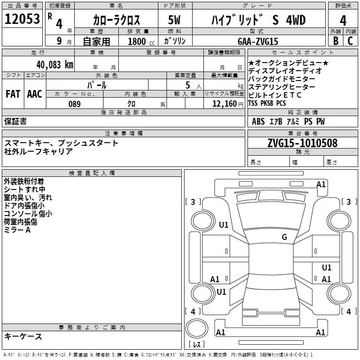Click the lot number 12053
point(22,19)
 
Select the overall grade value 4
point(343,21)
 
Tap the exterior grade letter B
point(336,41)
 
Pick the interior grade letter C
point(350,41)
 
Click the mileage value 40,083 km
point(55,65)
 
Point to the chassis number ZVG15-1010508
point(302,143)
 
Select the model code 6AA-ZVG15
point(258,41)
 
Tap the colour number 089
point(75,104)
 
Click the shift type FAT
point(13,94)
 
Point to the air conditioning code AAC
point(35,94)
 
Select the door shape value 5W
point(174,20)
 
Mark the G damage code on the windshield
point(284,237)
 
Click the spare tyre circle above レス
point(197,328)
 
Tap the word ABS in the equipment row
point(258,121)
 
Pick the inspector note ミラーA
point(17,230)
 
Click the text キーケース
point(23,336)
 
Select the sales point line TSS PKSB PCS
point(267,103)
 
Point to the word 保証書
point(15,121)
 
